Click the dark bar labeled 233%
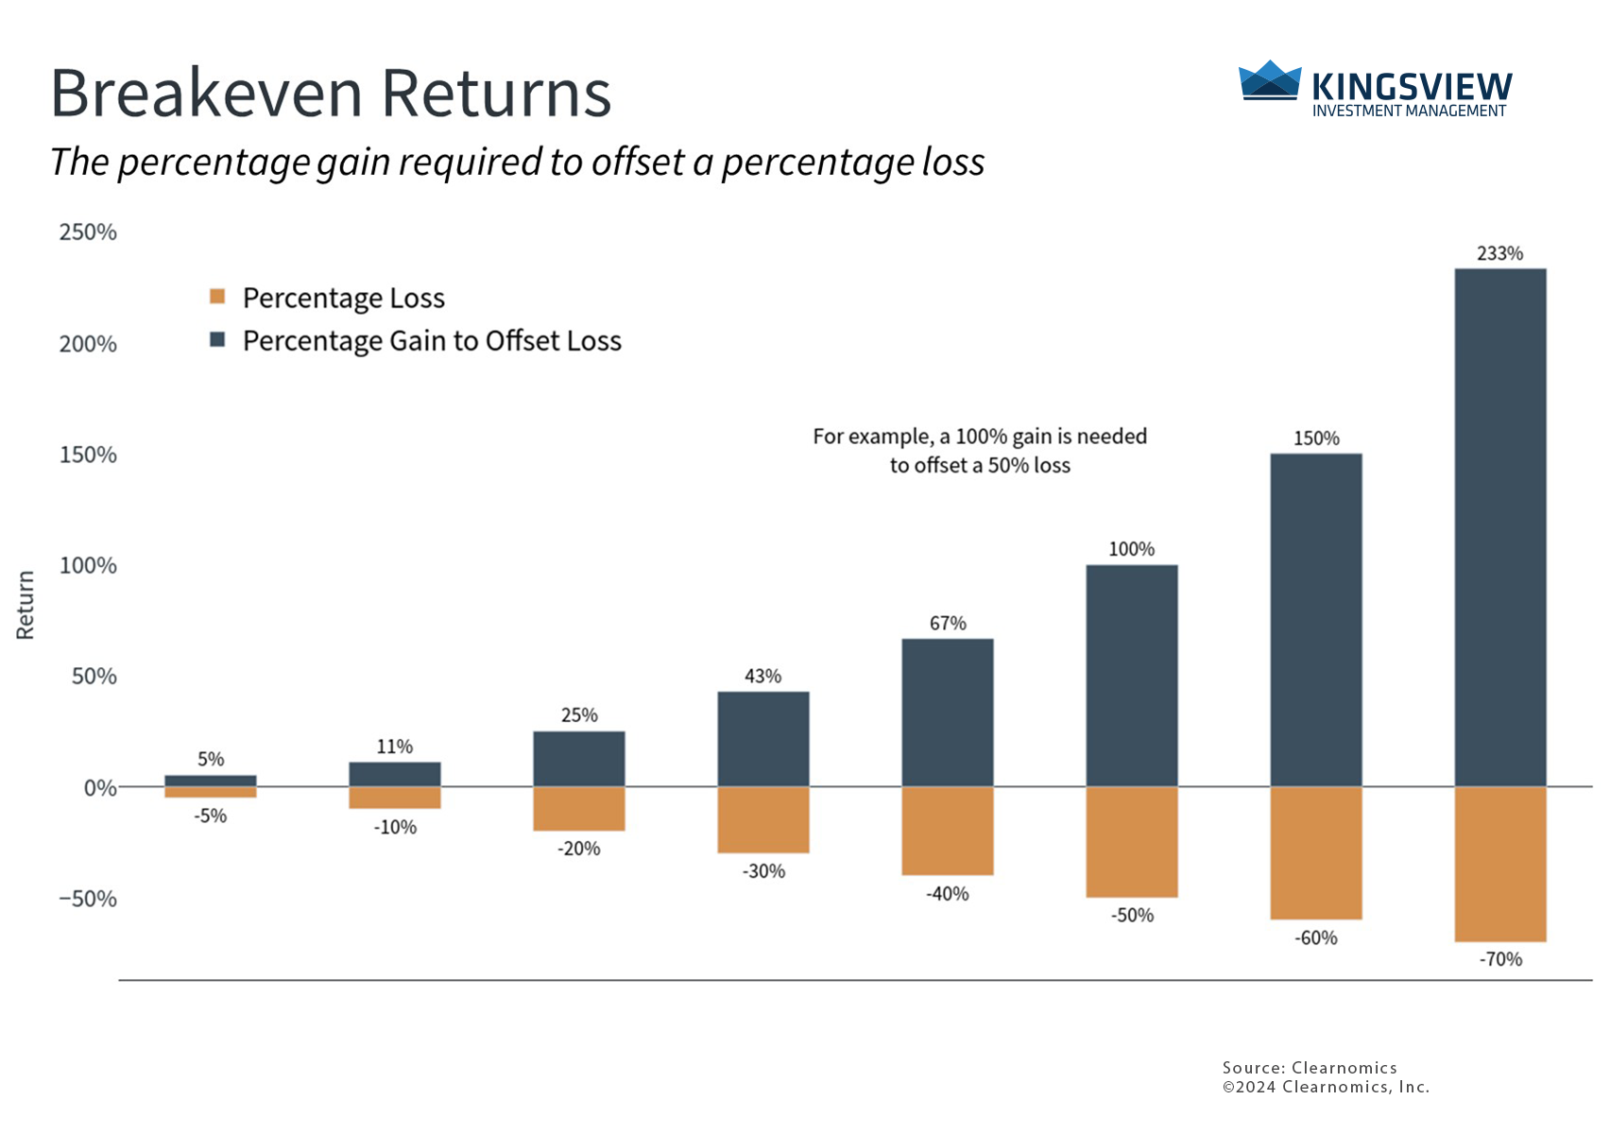(1499, 527)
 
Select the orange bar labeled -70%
(1499, 864)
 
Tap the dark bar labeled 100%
(1131, 676)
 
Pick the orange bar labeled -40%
(947, 831)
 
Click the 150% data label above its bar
(1316, 438)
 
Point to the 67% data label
(947, 624)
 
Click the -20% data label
(578, 849)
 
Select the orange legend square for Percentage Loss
(217, 297)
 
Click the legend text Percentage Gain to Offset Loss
(432, 341)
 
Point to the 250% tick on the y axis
(88, 232)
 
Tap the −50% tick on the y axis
(88, 899)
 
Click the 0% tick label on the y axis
(99, 788)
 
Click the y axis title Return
(26, 605)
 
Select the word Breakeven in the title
(206, 94)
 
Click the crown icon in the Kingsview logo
(1269, 81)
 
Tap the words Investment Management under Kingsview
(1408, 112)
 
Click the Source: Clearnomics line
(1309, 1068)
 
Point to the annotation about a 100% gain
(980, 451)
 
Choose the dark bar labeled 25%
(578, 759)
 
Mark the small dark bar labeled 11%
(394, 775)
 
